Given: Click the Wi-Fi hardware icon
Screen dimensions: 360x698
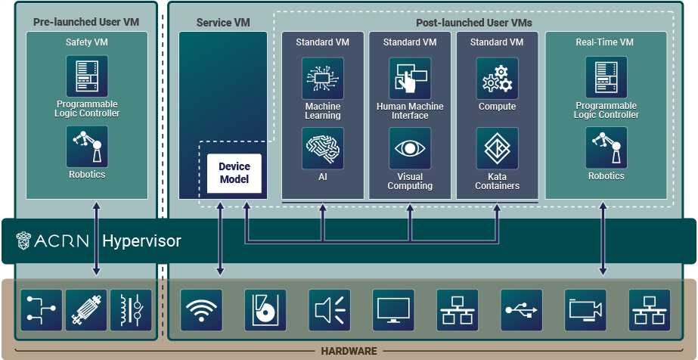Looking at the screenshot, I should pyautogui.click(x=201, y=310).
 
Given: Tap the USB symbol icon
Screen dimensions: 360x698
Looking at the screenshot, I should pyautogui.click(x=522, y=310).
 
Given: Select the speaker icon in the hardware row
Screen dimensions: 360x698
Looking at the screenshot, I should pyautogui.click(x=330, y=310).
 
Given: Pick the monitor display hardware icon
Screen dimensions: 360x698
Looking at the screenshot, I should pyautogui.click(x=393, y=310).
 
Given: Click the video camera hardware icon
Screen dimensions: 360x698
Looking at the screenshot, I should pyautogui.click(x=586, y=310).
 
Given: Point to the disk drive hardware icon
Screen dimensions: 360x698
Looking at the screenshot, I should pyautogui.click(x=265, y=310).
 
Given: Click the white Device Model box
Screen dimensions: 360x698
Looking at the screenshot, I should pyautogui.click(x=234, y=173).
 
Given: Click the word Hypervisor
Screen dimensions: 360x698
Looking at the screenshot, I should pyautogui.click(x=141, y=241).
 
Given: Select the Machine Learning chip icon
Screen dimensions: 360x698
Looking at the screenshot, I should pyautogui.click(x=323, y=79).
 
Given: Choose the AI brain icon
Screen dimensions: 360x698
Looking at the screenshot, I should pyautogui.click(x=323, y=148).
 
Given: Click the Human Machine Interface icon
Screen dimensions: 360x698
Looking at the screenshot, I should pyautogui.click(x=410, y=79).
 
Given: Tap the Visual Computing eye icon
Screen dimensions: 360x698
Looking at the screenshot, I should pyautogui.click(x=410, y=148).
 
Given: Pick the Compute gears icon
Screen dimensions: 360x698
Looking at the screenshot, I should pyautogui.click(x=497, y=79).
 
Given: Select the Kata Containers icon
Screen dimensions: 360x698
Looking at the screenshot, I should pyautogui.click(x=497, y=148).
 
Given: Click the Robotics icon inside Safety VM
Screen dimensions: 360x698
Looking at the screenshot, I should pyautogui.click(x=87, y=146).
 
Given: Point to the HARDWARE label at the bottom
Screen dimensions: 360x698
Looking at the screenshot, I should pyautogui.click(x=349, y=352).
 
